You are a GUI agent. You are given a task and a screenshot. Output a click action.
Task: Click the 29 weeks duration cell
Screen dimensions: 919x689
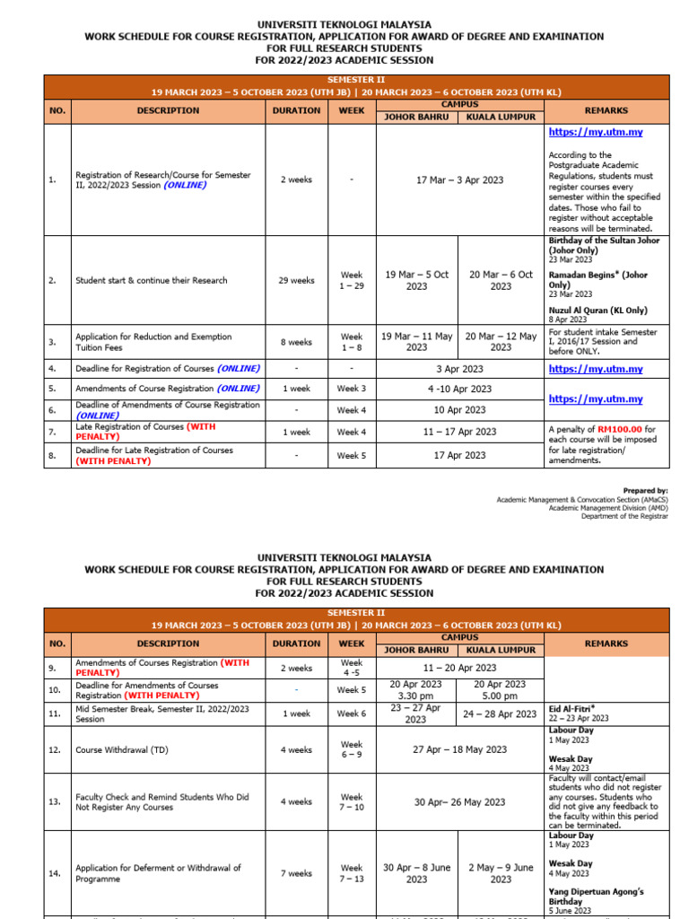pyautogui.click(x=296, y=280)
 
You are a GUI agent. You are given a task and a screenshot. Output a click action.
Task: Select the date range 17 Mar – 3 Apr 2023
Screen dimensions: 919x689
pyautogui.click(x=459, y=179)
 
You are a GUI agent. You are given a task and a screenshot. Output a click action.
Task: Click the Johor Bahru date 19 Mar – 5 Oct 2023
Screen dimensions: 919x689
pyautogui.click(x=416, y=280)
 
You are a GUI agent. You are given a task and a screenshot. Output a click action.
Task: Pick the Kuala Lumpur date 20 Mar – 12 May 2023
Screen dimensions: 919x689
pyautogui.click(x=501, y=342)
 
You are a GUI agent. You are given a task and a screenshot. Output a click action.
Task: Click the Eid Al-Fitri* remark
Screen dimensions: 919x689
pyautogui.click(x=573, y=708)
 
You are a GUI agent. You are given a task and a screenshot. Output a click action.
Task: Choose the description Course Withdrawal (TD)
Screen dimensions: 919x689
pyautogui.click(x=121, y=749)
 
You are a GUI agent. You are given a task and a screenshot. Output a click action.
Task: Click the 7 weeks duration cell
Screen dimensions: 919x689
pyautogui.click(x=296, y=873)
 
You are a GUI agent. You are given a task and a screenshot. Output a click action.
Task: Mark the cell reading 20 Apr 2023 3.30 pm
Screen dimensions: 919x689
pyautogui.click(x=416, y=689)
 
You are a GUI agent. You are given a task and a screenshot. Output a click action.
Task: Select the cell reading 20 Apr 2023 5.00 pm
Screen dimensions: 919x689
pyautogui.click(x=501, y=689)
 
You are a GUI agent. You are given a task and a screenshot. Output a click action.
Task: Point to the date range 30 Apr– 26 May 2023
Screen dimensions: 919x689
pyautogui.click(x=459, y=802)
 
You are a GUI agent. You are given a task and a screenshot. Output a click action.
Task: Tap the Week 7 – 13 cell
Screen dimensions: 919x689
pyautogui.click(x=352, y=873)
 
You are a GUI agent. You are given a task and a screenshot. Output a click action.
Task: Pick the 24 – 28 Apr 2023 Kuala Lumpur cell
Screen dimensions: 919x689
pyautogui.click(x=501, y=714)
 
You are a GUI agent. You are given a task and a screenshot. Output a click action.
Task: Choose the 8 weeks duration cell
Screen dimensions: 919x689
pyautogui.click(x=296, y=342)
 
